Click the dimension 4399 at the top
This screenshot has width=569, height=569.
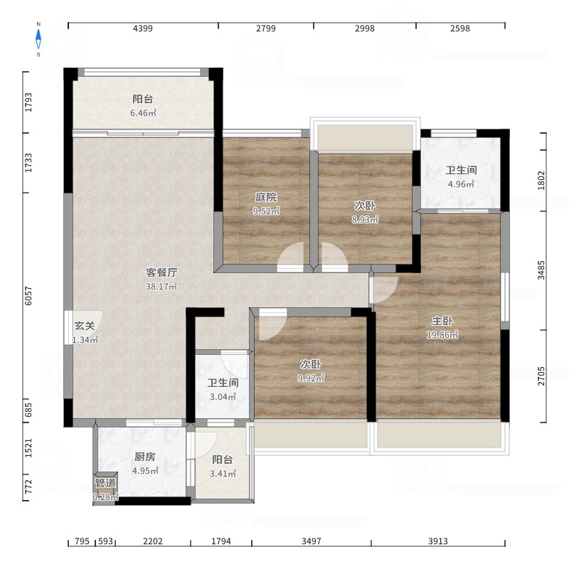click(143, 28)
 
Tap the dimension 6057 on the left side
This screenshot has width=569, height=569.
click(28, 296)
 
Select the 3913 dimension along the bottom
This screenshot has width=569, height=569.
click(437, 541)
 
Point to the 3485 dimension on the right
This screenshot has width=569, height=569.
click(541, 270)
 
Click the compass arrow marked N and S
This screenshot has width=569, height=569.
click(38, 39)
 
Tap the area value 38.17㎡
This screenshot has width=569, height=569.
click(161, 287)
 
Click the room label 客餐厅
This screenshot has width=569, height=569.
click(161, 272)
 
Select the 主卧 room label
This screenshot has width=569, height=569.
click(442, 321)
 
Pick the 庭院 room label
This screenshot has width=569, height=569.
click(266, 197)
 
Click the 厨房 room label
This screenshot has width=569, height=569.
click(145, 457)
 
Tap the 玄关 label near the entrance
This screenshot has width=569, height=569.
click(85, 326)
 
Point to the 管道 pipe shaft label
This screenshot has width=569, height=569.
click(105, 483)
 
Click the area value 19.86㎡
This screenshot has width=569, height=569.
click(442, 334)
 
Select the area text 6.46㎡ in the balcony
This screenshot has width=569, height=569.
click(144, 113)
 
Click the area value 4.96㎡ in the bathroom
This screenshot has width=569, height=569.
click(461, 184)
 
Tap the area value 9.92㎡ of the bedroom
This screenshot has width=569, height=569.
click(311, 378)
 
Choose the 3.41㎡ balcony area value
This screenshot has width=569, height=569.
click(223, 474)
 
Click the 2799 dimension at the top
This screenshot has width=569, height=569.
click(265, 28)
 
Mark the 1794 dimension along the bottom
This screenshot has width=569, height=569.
click(221, 541)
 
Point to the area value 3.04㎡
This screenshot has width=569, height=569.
click(223, 397)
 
